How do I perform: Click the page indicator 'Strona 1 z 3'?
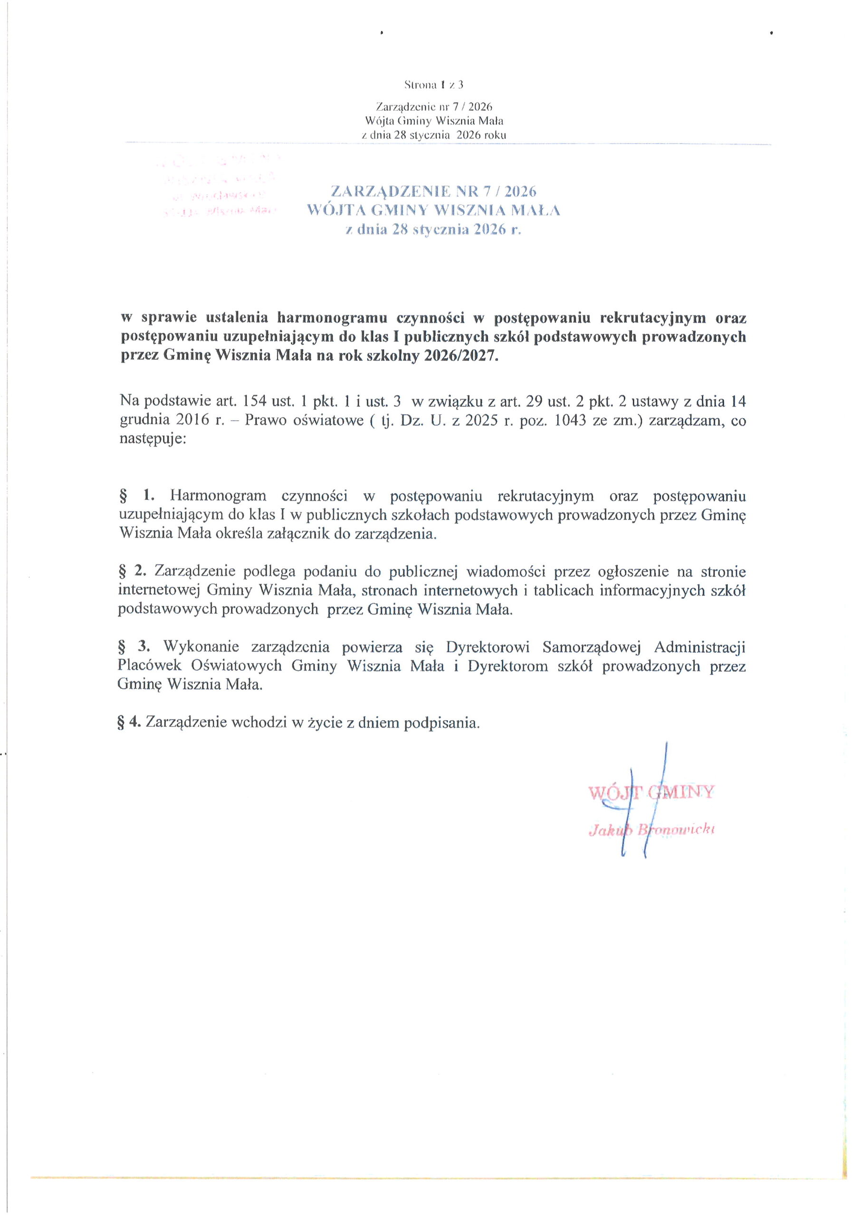433,84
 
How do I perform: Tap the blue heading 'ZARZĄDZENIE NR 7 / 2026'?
433,191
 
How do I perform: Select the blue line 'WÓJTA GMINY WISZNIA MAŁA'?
433,211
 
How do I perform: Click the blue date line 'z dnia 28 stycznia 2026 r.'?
433,230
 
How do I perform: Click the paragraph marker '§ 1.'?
136,496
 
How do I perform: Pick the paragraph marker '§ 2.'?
132,571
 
